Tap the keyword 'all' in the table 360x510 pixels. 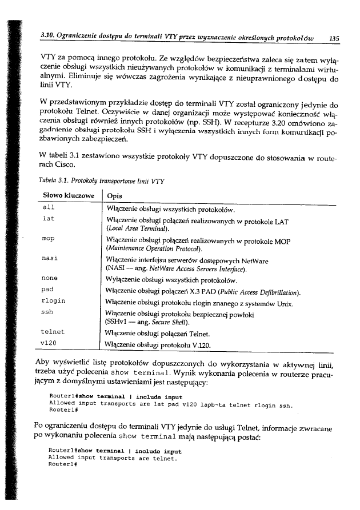tap(49, 208)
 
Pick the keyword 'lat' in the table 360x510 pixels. tap(49, 218)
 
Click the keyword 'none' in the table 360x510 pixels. tap(50, 279)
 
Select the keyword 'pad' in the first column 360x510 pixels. tap(49, 290)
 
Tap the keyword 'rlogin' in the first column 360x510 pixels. tap(54, 300)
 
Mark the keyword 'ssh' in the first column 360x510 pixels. tap(49, 311)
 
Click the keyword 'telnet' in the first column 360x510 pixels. tap(54, 332)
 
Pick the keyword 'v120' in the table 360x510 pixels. tap(50, 343)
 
